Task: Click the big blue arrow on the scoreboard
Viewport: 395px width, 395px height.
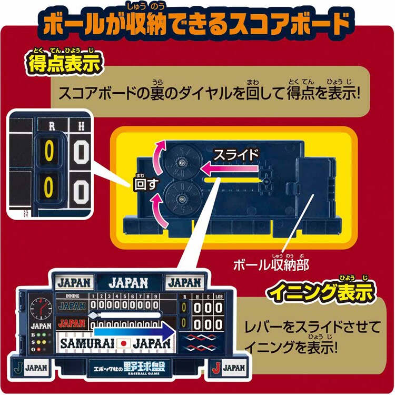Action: coord(134,332)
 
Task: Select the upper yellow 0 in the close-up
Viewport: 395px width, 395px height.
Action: coord(49,152)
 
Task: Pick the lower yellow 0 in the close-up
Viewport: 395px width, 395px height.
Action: coord(49,188)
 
